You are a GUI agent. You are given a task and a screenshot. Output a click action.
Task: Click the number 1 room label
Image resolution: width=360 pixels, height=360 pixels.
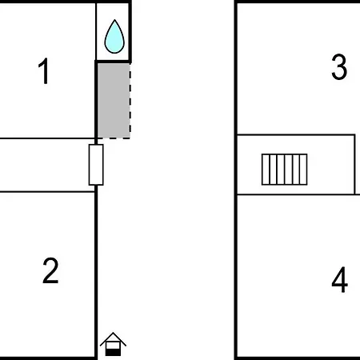click(43, 71)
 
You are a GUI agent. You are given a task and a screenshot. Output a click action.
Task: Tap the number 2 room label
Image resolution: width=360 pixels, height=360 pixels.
click(50, 270)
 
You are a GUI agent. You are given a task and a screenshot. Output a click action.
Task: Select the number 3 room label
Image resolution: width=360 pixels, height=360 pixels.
click(339, 66)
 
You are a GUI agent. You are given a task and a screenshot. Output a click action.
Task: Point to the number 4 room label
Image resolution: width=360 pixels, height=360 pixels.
click(340, 279)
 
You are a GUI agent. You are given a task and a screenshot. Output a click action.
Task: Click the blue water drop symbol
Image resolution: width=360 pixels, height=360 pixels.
click(114, 37)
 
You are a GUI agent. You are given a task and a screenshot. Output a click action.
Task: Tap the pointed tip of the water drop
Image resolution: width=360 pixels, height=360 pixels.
click(114, 20)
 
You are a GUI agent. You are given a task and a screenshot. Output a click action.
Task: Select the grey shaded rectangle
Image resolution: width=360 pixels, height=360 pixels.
click(114, 101)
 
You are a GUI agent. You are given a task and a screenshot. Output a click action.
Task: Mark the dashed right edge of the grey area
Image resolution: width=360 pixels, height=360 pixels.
click(130, 101)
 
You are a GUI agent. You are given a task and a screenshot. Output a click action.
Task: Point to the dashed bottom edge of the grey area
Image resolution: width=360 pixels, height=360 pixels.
click(114, 138)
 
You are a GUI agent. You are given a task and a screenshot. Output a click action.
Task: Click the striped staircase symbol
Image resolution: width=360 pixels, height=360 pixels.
click(284, 170)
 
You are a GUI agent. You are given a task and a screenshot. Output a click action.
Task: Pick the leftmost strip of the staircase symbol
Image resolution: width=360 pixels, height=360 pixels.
click(266, 170)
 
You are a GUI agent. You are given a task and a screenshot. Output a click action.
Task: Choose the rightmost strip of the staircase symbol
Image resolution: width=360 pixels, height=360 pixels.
click(303, 170)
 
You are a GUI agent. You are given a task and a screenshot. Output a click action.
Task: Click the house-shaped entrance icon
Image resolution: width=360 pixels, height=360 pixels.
click(113, 344)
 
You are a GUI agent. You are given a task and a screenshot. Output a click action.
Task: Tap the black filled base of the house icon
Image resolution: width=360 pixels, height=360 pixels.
click(113, 353)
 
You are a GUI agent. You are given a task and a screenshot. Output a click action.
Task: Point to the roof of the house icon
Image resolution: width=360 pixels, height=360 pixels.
click(113, 338)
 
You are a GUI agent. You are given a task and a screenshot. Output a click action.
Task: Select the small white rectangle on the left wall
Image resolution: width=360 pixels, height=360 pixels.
click(96, 165)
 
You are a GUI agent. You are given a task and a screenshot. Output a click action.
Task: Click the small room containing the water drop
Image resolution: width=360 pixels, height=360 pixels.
click(113, 32)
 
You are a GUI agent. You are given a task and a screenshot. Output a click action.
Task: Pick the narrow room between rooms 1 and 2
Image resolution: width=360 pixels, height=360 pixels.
click(46, 165)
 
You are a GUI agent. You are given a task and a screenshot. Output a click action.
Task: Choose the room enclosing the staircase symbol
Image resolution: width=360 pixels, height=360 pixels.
click(296, 165)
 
